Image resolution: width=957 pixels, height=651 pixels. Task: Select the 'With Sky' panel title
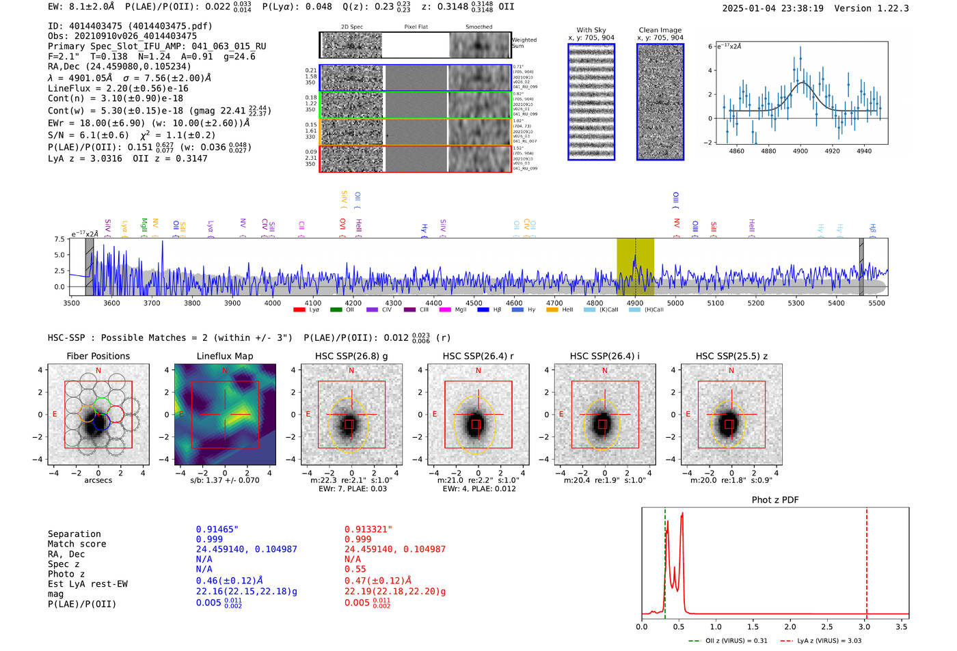point(591,30)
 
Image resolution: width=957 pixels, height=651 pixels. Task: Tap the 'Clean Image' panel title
point(660,30)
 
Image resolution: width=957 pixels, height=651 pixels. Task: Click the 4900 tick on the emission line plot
point(800,151)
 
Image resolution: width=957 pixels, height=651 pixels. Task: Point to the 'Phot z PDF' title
point(774,500)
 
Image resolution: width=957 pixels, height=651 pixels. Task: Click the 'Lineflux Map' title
point(224,356)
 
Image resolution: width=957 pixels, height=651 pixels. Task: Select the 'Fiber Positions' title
point(98,356)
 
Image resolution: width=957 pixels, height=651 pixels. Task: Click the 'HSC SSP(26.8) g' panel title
point(351,356)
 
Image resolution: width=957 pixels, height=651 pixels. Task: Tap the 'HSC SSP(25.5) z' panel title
point(731,356)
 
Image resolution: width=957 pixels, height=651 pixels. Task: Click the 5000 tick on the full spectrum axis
point(675,303)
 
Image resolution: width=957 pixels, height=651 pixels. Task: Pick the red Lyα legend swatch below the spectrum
point(299,310)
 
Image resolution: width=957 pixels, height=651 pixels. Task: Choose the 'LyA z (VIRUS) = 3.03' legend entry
point(828,641)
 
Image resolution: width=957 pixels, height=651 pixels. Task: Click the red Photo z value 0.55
point(355,569)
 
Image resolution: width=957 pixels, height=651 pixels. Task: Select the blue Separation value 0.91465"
point(217,529)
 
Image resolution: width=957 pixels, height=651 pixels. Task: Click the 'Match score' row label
point(77,544)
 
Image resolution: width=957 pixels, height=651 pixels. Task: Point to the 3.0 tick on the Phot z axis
point(865,626)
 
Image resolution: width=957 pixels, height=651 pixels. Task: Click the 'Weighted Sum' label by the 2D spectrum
point(524,43)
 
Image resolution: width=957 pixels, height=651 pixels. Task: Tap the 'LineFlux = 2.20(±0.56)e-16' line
point(118,88)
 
